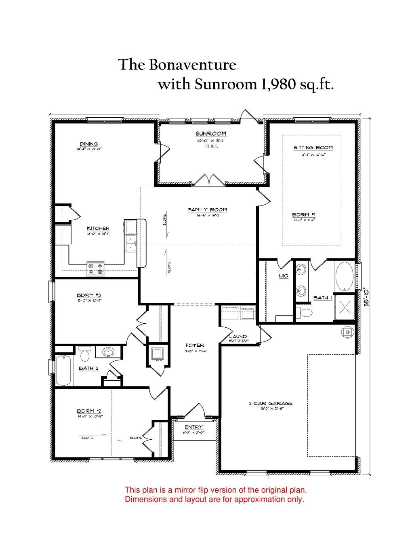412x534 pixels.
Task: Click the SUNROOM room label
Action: (x=211, y=133)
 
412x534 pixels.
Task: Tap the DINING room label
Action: (x=88, y=144)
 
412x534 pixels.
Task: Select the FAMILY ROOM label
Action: (x=207, y=210)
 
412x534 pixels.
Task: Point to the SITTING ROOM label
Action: (x=313, y=148)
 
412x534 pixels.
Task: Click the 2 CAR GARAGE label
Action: (x=271, y=403)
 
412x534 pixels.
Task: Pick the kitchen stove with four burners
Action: (x=95, y=269)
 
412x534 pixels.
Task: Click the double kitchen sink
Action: (x=130, y=243)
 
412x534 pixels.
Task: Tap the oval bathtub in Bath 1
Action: (x=344, y=276)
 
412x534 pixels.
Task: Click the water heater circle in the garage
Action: (x=347, y=332)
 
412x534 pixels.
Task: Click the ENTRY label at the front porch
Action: (x=194, y=427)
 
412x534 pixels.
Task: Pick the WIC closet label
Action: (x=283, y=276)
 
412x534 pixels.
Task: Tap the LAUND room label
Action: (x=238, y=337)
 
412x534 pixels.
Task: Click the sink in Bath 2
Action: (x=108, y=352)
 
